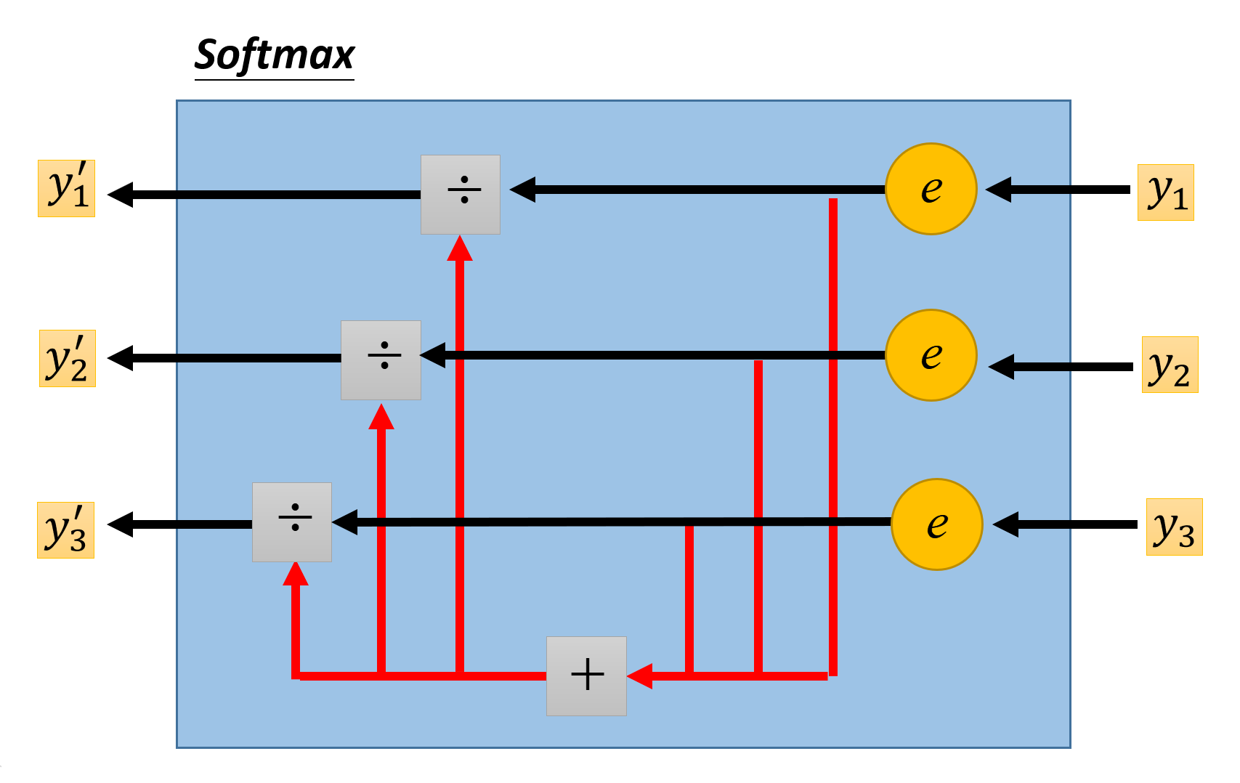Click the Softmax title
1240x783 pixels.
(275, 55)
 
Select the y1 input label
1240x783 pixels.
(1165, 192)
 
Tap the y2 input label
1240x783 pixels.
(1170, 365)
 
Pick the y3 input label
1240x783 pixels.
(1174, 527)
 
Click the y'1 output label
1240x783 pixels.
(66, 188)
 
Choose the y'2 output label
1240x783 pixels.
(67, 358)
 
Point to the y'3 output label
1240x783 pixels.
(65, 530)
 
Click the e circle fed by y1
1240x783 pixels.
(931, 189)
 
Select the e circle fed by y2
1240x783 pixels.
(931, 355)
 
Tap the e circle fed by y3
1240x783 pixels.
(936, 524)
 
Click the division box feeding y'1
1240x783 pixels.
(461, 195)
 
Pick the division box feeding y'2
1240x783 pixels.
(381, 360)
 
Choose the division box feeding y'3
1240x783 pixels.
(292, 522)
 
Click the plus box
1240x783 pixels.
(586, 676)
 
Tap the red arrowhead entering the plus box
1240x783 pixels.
(639, 676)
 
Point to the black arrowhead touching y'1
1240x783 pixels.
(121, 195)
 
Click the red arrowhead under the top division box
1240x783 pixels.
(460, 248)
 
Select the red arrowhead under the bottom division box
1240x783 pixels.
(296, 574)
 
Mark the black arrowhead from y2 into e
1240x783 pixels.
(1002, 367)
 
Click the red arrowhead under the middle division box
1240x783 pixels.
(381, 417)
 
